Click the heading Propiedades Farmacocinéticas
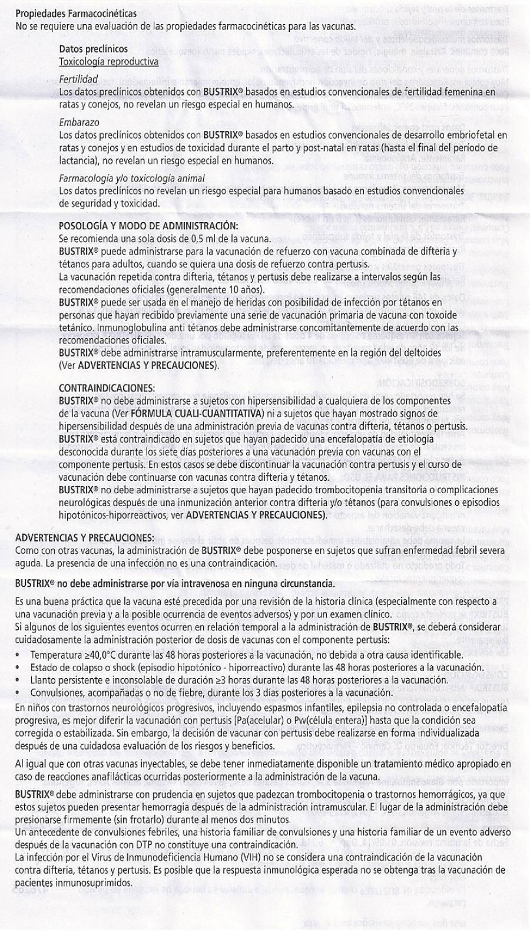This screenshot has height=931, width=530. coord(76,13)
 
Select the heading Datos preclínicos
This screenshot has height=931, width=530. coord(94,49)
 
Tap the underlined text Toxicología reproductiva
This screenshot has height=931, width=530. coord(108,61)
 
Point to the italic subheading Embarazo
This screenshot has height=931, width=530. coord(79,123)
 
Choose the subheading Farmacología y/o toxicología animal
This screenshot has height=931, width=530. coord(132,178)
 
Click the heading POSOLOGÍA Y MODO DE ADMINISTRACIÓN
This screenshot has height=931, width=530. coord(148,226)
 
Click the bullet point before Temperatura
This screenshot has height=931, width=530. coord(19,655)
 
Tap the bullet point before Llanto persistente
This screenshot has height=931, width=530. coord(19,680)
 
